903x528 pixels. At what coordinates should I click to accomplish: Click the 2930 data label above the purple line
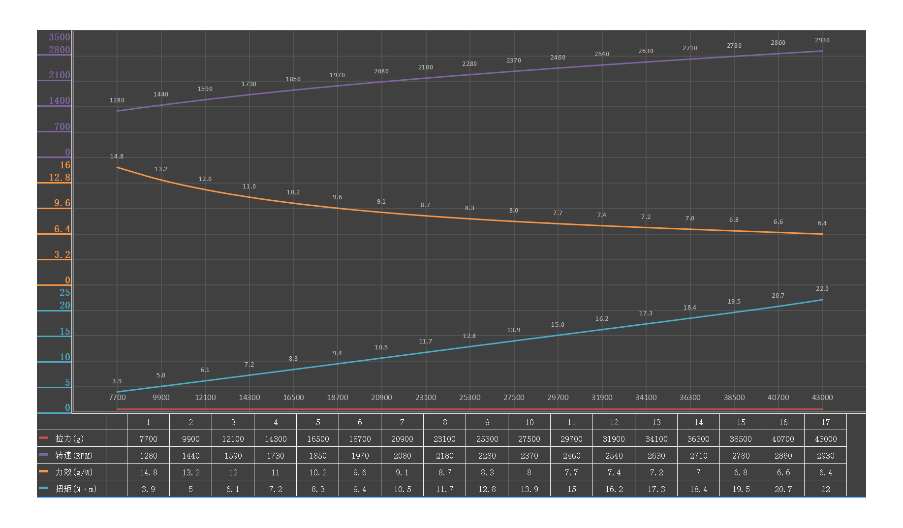click(822, 40)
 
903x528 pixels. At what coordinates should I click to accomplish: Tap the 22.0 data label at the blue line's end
click(822, 289)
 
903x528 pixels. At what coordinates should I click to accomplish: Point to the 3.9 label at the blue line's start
click(117, 381)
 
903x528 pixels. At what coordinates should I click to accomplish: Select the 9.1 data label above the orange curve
click(381, 202)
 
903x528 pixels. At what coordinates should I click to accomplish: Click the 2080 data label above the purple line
click(381, 71)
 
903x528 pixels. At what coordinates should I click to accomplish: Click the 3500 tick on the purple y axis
click(60, 37)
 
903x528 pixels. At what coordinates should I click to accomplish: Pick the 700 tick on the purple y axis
click(62, 126)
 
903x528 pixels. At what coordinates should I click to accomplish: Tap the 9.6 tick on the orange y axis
click(62, 203)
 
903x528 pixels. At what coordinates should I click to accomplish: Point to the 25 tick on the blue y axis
click(65, 293)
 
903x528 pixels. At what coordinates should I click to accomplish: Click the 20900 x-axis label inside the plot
click(381, 398)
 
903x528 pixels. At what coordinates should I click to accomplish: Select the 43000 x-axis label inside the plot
click(822, 398)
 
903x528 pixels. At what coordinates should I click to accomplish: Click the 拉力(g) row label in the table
click(69, 438)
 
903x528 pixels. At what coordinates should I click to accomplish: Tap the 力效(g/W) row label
click(74, 472)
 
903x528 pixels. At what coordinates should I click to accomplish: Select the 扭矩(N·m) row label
click(76, 489)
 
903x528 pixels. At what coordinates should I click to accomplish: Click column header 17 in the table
click(825, 422)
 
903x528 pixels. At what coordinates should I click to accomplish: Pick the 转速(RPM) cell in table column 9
click(487, 456)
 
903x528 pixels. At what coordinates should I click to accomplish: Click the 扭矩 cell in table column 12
click(614, 489)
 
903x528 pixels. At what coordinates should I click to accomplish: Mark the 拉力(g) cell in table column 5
click(318, 439)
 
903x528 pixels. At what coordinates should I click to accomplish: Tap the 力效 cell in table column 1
click(148, 472)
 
